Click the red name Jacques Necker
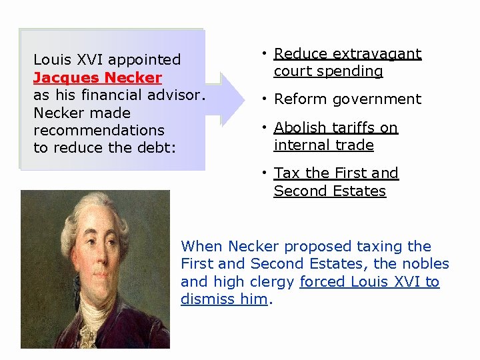(x=97, y=77)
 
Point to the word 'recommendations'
(x=99, y=130)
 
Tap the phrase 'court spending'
(x=328, y=71)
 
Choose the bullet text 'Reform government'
(x=347, y=99)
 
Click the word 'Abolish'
(x=298, y=127)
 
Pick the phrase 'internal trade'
(x=323, y=145)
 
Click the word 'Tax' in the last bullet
(x=287, y=173)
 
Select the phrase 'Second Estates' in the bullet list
(x=329, y=191)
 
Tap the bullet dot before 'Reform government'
(x=265, y=99)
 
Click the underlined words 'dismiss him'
(x=223, y=299)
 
